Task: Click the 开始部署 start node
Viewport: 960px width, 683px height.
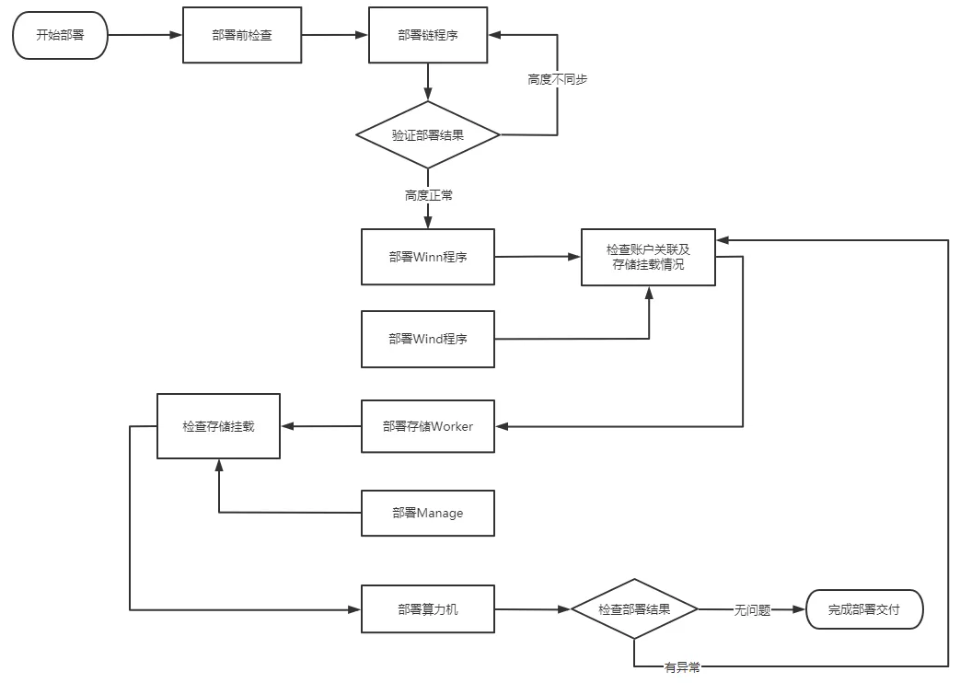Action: point(60,35)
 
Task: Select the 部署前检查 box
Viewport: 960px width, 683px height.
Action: point(242,35)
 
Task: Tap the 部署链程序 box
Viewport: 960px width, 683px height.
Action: point(428,35)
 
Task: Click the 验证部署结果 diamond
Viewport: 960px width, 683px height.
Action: point(428,134)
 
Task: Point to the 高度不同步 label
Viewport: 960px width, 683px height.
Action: point(557,80)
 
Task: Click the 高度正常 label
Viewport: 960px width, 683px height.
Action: point(429,195)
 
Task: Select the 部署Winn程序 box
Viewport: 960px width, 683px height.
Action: point(428,257)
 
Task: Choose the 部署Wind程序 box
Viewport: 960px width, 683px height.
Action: point(428,339)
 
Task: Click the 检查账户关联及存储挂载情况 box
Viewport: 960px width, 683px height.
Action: point(648,257)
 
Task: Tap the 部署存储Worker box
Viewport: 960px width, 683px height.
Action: point(428,426)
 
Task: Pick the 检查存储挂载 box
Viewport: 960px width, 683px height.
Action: point(218,426)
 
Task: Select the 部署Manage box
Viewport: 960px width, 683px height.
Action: point(428,514)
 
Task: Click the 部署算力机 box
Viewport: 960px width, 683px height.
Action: point(428,608)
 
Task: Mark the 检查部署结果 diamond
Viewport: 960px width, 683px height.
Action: point(634,608)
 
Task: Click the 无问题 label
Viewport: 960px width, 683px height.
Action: point(753,610)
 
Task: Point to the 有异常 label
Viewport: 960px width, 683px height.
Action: point(683,667)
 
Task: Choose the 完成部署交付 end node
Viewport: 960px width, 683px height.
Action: point(864,609)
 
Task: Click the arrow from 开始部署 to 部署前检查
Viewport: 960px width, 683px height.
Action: point(145,35)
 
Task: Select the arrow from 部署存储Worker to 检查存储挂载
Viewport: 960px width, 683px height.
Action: point(321,426)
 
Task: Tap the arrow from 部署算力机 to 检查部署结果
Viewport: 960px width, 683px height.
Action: point(533,609)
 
